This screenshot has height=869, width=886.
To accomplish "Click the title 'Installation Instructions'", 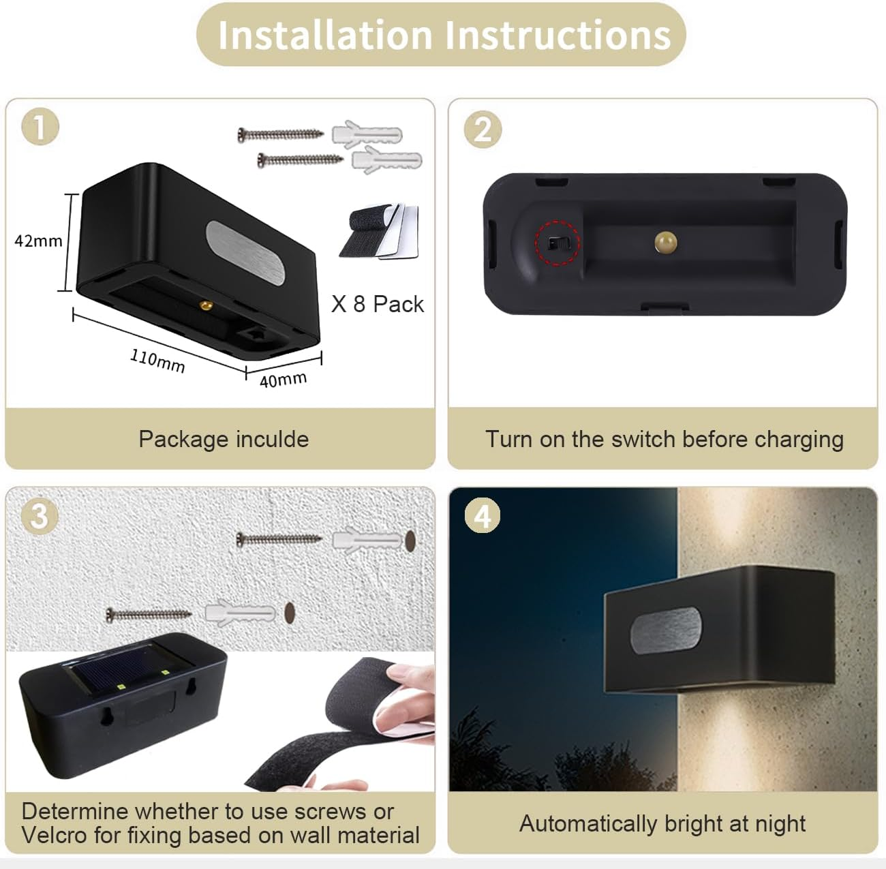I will (x=444, y=35).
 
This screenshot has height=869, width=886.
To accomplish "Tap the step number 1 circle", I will (x=40, y=127).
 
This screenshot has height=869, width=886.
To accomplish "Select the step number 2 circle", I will (x=483, y=129).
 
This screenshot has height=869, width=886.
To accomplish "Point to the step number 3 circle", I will (x=39, y=516).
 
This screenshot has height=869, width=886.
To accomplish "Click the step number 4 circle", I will (x=483, y=516).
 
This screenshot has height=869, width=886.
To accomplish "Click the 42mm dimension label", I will (x=38, y=241).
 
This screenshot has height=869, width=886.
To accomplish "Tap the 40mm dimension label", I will (x=283, y=379).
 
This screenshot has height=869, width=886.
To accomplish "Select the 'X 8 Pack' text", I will (x=378, y=304).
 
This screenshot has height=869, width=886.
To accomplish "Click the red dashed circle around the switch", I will (x=557, y=243).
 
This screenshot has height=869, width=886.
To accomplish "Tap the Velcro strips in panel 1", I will (x=379, y=232).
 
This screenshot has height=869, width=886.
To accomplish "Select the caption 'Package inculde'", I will (x=224, y=439).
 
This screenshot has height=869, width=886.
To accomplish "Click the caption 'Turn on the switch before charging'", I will (x=664, y=439).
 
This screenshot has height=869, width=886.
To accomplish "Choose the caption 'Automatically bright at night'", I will (x=662, y=823).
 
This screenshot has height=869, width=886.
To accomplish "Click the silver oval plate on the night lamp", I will (x=665, y=630).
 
